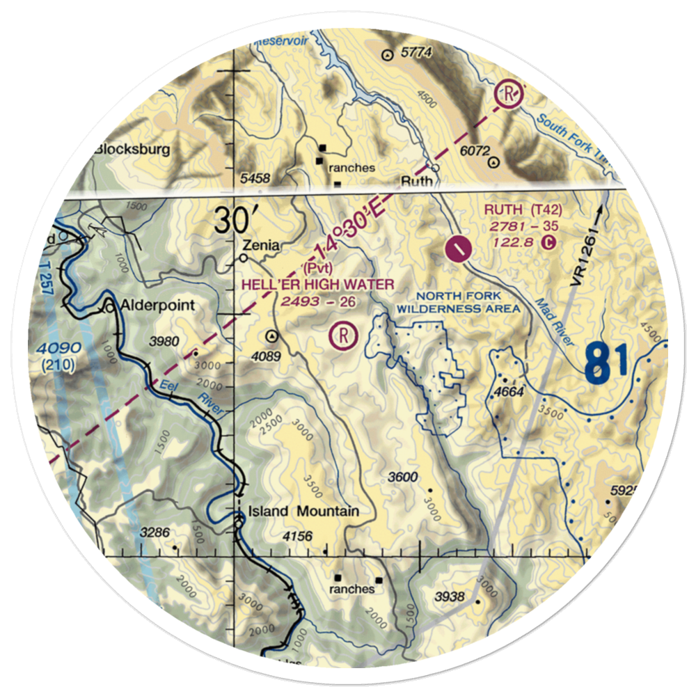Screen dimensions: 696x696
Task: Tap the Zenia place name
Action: pyautogui.click(x=261, y=245)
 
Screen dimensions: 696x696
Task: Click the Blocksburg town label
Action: pyautogui.click(x=132, y=149)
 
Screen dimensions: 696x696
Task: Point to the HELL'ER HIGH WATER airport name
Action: pyautogui.click(x=318, y=284)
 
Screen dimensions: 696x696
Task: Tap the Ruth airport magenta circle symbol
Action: pyautogui.click(x=457, y=248)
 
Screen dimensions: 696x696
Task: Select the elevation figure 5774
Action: pyautogui.click(x=418, y=52)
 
